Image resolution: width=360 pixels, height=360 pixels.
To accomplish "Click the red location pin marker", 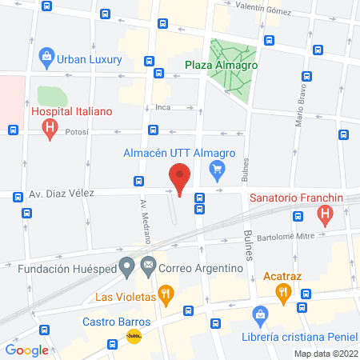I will coord(180,177).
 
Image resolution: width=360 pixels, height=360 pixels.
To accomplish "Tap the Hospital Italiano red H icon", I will coord(51,126).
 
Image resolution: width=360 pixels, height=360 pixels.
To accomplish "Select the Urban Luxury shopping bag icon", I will coord(47,58).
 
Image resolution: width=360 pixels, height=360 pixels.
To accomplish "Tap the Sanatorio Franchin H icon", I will coord(325,214).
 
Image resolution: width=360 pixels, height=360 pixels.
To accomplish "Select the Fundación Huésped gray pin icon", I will coord(126,266).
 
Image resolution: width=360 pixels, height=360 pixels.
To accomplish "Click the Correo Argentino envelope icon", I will coord(147,266).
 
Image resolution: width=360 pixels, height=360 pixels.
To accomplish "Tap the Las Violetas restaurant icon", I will coord(166,295).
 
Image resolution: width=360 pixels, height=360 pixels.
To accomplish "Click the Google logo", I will coord(26,350).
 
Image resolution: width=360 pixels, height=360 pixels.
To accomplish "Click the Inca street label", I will coord(163,106).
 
